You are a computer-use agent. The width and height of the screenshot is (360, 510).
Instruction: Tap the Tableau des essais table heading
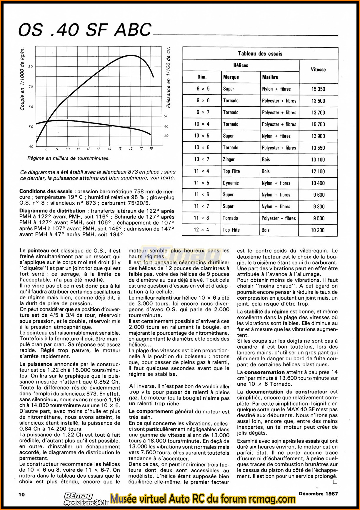260,54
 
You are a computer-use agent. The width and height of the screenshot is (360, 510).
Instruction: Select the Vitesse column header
318,70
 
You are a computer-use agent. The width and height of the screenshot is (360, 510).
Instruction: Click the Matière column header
270,77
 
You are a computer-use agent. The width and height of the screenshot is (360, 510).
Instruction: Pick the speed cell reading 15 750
318,124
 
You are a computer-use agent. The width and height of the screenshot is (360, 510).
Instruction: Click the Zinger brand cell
229,159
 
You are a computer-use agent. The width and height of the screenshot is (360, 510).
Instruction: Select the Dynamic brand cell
231,183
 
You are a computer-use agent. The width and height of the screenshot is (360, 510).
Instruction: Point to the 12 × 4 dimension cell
202,230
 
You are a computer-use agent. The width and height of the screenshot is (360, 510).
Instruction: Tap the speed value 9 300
319,207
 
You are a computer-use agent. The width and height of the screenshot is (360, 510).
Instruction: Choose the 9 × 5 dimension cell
203,89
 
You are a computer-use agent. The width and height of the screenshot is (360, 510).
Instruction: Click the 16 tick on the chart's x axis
131,149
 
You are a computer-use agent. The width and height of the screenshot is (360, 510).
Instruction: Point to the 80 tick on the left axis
31,67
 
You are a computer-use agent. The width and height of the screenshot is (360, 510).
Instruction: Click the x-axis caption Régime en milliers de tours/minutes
68,159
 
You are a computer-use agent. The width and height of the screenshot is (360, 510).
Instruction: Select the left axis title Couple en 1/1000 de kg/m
22,79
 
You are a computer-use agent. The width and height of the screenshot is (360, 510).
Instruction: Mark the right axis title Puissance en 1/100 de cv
169,77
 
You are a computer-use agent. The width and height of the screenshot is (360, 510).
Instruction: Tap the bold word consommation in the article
264,372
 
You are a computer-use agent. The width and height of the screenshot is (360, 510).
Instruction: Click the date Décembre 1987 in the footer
318,494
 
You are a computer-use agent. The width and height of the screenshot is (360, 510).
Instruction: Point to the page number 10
22,494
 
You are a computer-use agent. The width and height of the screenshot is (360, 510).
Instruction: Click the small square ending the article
335,482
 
